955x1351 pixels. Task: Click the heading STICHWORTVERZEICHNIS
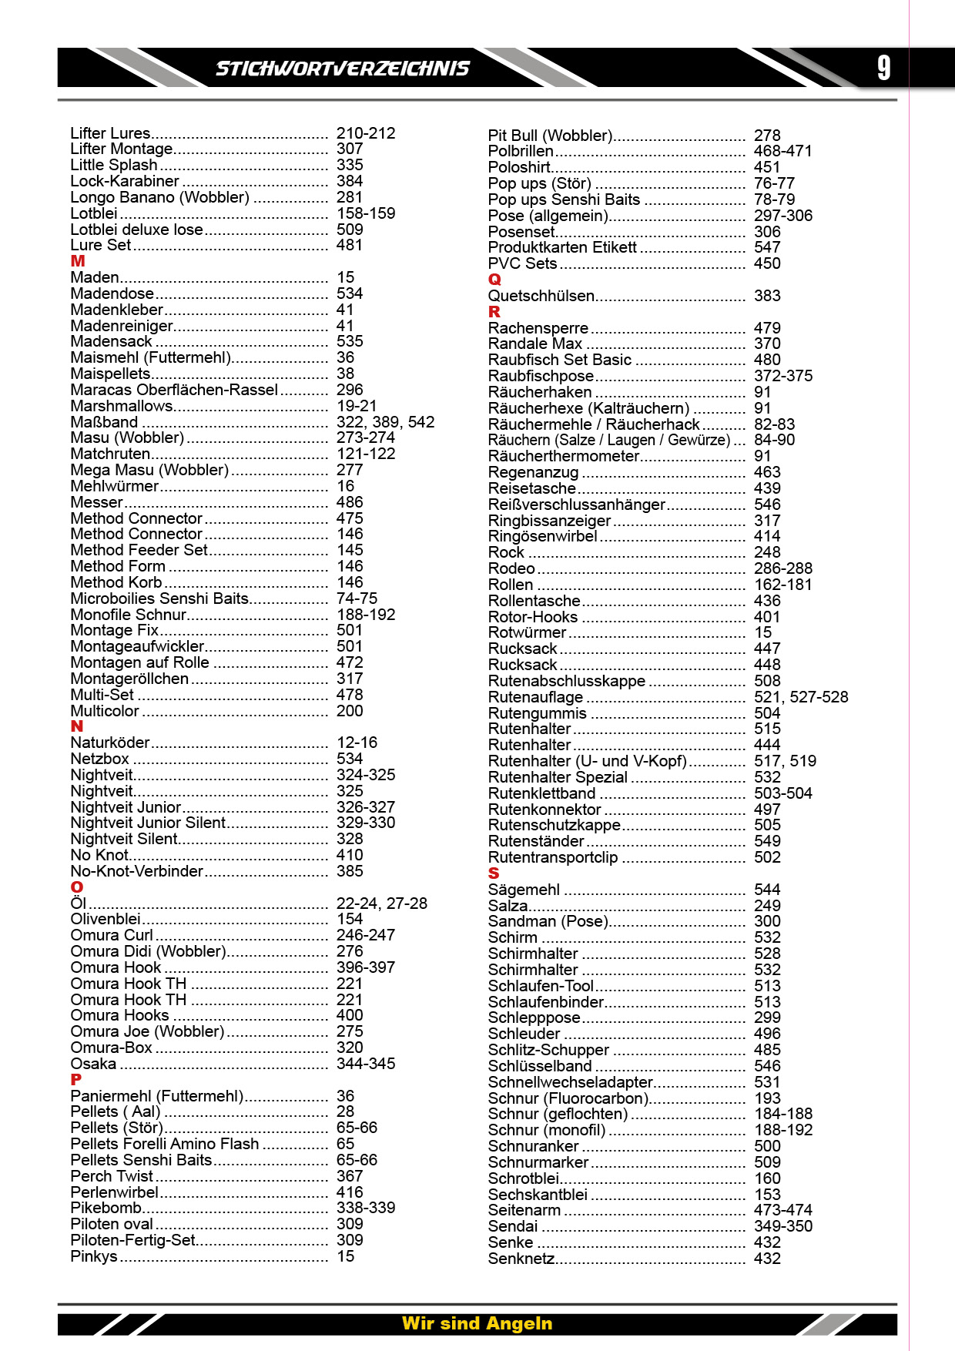pyautogui.click(x=342, y=69)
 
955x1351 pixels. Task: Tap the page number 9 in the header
pyautogui.click(x=884, y=68)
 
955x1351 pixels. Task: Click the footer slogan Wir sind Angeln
pyautogui.click(x=477, y=1323)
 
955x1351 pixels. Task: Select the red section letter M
pyautogui.click(x=78, y=261)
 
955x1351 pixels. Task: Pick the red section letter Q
pyautogui.click(x=494, y=280)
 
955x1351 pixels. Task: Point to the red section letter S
pyautogui.click(x=494, y=873)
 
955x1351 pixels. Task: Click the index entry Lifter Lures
pyautogui.click(x=110, y=133)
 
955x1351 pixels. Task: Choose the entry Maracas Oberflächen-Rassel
pyautogui.click(x=174, y=390)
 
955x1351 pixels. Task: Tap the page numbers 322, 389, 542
pyautogui.click(x=385, y=422)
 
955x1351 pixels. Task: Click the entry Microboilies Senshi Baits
pyautogui.click(x=159, y=598)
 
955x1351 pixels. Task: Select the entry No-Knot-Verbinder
pyautogui.click(x=136, y=871)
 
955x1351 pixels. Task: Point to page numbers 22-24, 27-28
pyautogui.click(x=381, y=903)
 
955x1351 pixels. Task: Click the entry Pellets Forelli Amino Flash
pyautogui.click(x=164, y=1144)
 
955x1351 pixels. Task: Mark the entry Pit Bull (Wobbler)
pyautogui.click(x=550, y=136)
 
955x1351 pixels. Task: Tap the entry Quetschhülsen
pyautogui.click(x=541, y=296)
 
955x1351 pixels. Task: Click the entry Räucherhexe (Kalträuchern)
pyautogui.click(x=588, y=408)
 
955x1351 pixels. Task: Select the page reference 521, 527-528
pyautogui.click(x=800, y=697)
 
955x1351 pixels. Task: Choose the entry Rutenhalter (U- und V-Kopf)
pyautogui.click(x=587, y=761)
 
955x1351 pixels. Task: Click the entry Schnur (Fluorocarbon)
pyautogui.click(x=568, y=1098)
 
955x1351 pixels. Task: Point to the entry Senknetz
pyautogui.click(x=521, y=1259)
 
